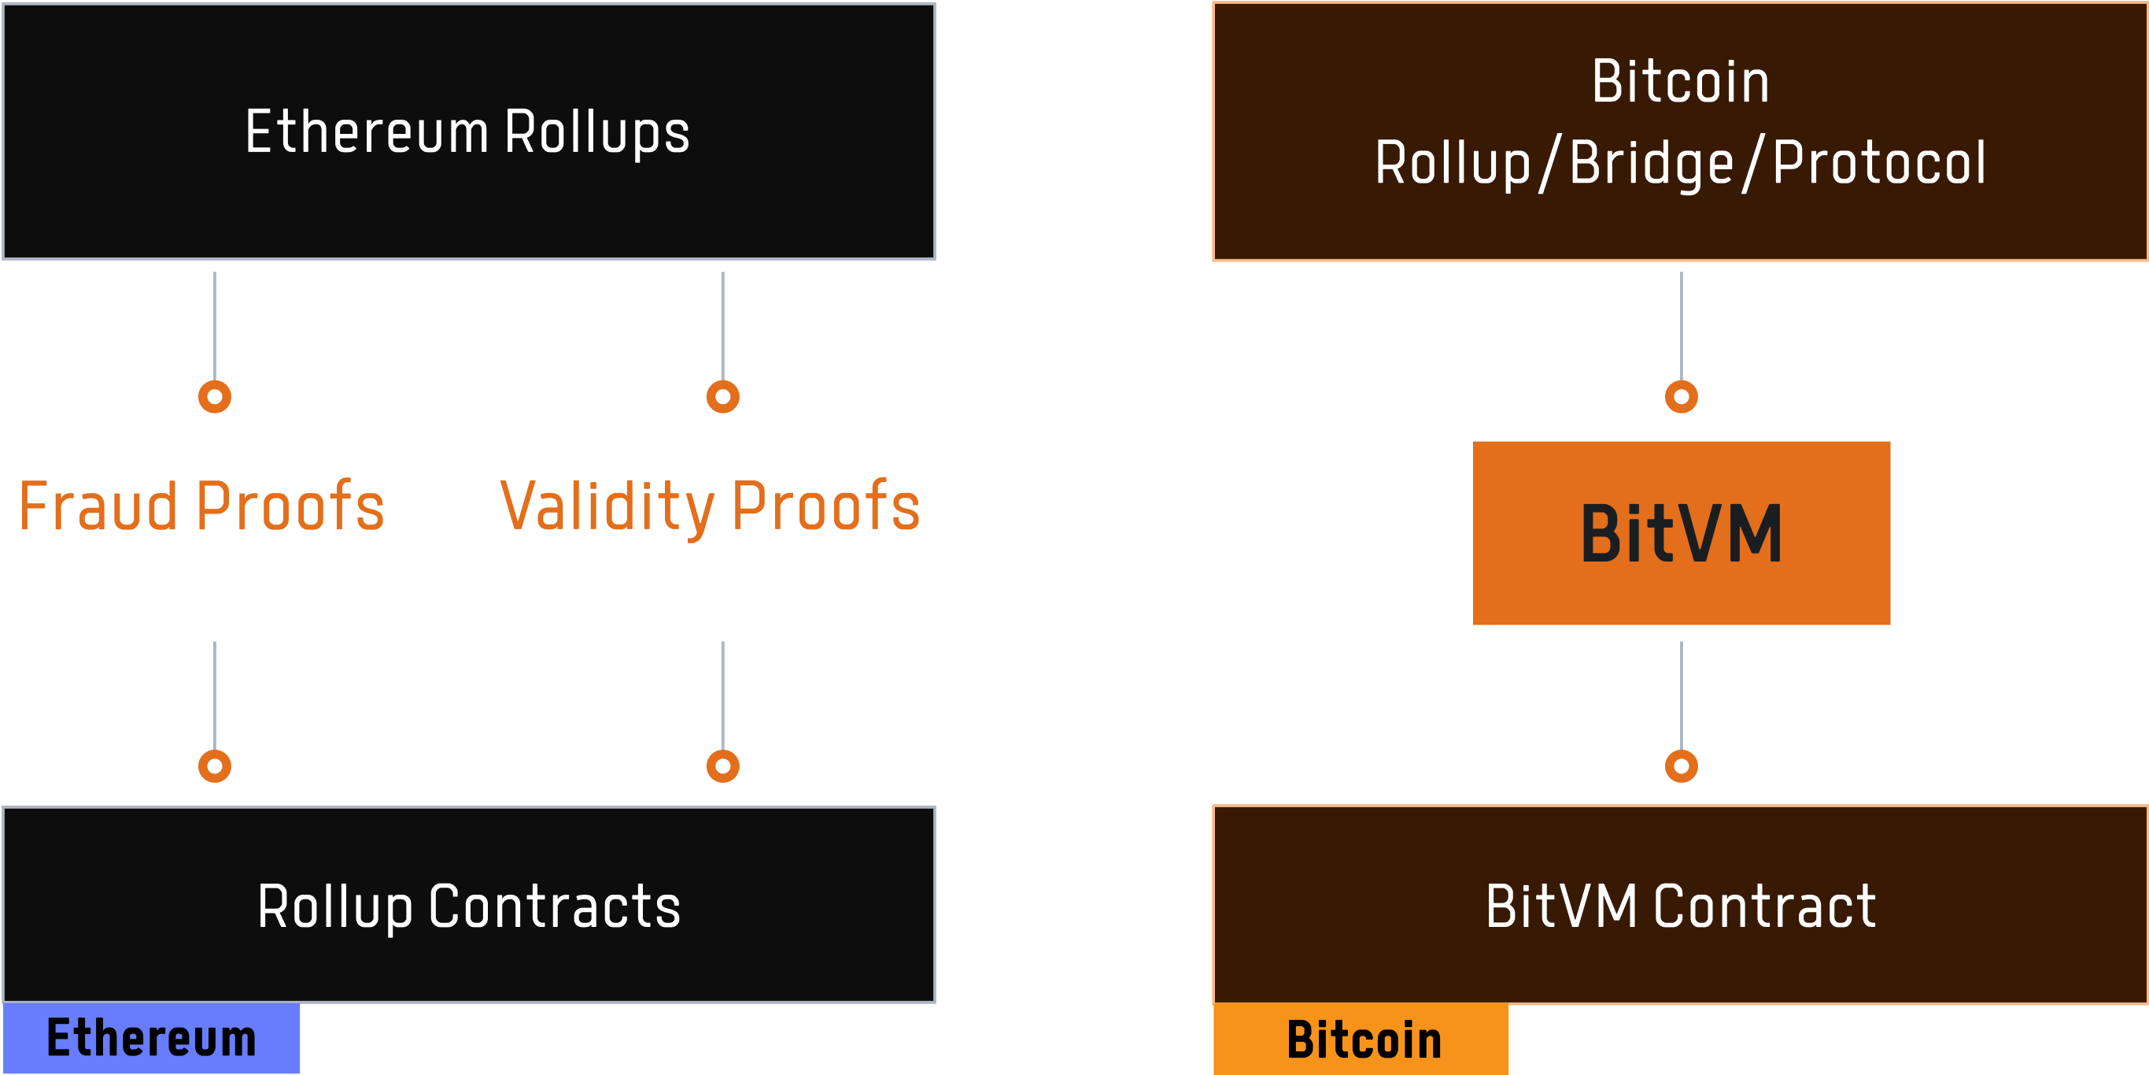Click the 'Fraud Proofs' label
click(201, 506)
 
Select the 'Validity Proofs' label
click(710, 507)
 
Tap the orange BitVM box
click(1681, 533)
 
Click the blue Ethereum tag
click(151, 1038)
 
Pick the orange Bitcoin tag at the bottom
click(1361, 1039)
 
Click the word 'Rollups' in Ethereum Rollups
click(597, 134)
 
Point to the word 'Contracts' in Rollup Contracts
click(554, 907)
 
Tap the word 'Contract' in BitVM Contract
click(1764, 907)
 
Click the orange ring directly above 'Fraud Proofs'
click(214, 396)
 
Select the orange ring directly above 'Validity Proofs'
click(722, 396)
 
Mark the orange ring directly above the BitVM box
click(1681, 396)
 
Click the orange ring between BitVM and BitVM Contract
click(1681, 766)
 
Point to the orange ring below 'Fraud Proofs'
click(214, 766)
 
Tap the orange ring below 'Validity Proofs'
click(722, 766)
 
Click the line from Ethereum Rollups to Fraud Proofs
click(214, 326)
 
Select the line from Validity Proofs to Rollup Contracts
click(722, 696)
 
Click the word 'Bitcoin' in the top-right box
click(1680, 82)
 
